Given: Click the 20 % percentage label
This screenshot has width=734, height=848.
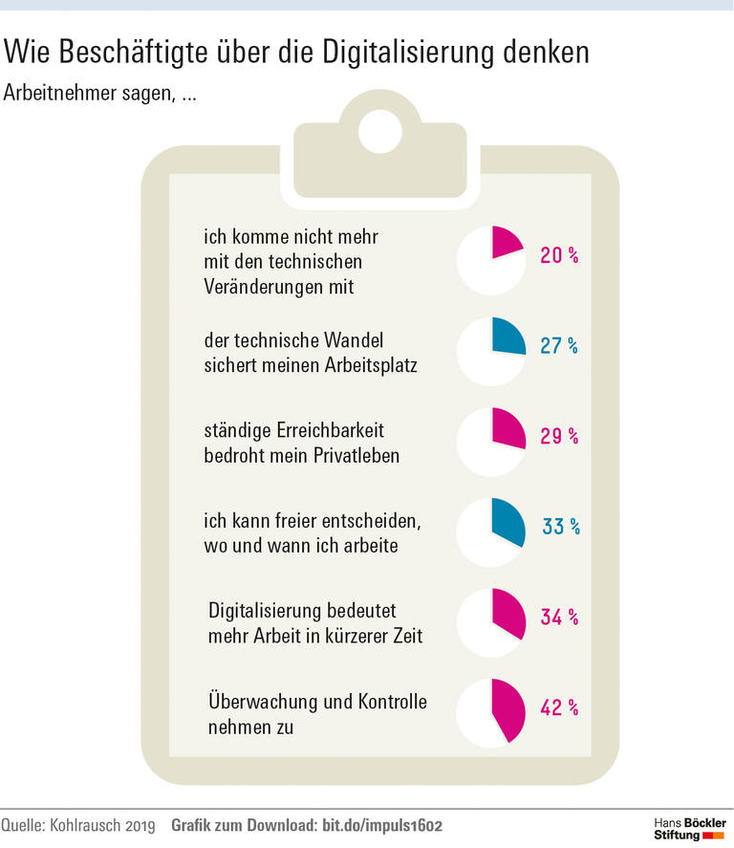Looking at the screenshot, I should pos(560,256).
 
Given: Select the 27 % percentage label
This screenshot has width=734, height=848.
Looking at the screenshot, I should pos(560,346).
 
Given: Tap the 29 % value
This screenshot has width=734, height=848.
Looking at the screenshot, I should pos(560,436).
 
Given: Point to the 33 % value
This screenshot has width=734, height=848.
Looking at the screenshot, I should pos(560,527).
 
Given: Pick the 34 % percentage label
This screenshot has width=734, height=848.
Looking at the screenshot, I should pos(560,617).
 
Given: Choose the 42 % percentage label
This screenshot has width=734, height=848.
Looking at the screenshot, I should pos(560,707).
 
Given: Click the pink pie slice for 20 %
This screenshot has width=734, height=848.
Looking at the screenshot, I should pos(505,244).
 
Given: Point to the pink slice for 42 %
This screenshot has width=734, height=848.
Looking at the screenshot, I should pos(507,710).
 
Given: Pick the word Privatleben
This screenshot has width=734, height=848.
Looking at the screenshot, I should pos(354,455).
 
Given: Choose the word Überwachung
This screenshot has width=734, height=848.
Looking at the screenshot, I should pos(261,703).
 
